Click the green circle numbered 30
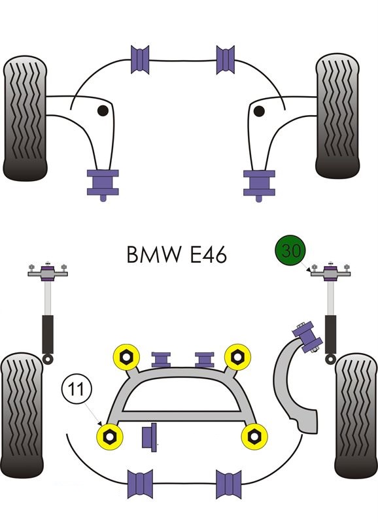(x=290, y=251)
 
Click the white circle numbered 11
(x=77, y=390)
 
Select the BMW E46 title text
(x=177, y=255)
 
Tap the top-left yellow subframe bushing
(x=126, y=357)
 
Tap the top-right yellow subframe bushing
(x=237, y=357)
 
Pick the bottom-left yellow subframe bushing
(x=109, y=436)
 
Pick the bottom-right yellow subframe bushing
(x=254, y=436)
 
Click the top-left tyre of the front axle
(x=25, y=118)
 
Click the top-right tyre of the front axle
(x=337, y=116)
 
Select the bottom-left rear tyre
(x=22, y=415)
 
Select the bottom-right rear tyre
(x=356, y=415)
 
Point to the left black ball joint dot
(x=103, y=110)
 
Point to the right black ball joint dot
(x=259, y=111)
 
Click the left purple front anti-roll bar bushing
(x=140, y=59)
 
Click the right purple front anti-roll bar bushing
(x=226, y=59)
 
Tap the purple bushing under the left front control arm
(x=103, y=184)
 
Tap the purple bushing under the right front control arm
(x=259, y=184)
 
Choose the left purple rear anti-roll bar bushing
(x=140, y=483)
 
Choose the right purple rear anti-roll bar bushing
(x=228, y=484)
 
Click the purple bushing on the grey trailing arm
(x=307, y=337)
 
